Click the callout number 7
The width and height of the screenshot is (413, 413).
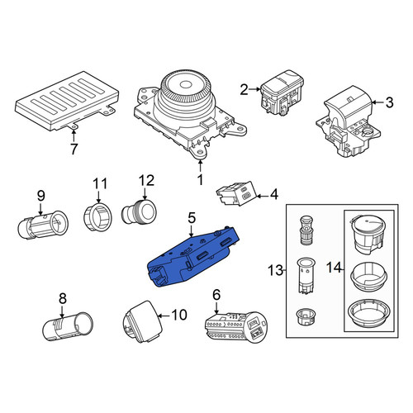click(x=74, y=149)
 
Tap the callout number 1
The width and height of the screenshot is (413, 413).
click(x=201, y=179)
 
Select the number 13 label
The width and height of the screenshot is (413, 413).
click(x=275, y=270)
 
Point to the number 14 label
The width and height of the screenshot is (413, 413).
click(x=334, y=267)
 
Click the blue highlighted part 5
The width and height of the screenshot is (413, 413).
click(x=192, y=256)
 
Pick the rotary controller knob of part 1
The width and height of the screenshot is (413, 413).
click(x=187, y=91)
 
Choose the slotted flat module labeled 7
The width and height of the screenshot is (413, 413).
click(x=67, y=101)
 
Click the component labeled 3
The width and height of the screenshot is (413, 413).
click(x=349, y=121)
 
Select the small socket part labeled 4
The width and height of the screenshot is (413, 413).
click(x=236, y=193)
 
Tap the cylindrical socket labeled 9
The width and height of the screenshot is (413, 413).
click(x=43, y=225)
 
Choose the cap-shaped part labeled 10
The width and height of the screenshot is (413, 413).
click(x=143, y=321)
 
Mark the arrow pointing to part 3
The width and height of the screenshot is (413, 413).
click(x=377, y=102)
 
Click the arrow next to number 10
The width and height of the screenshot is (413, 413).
click(x=164, y=316)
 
